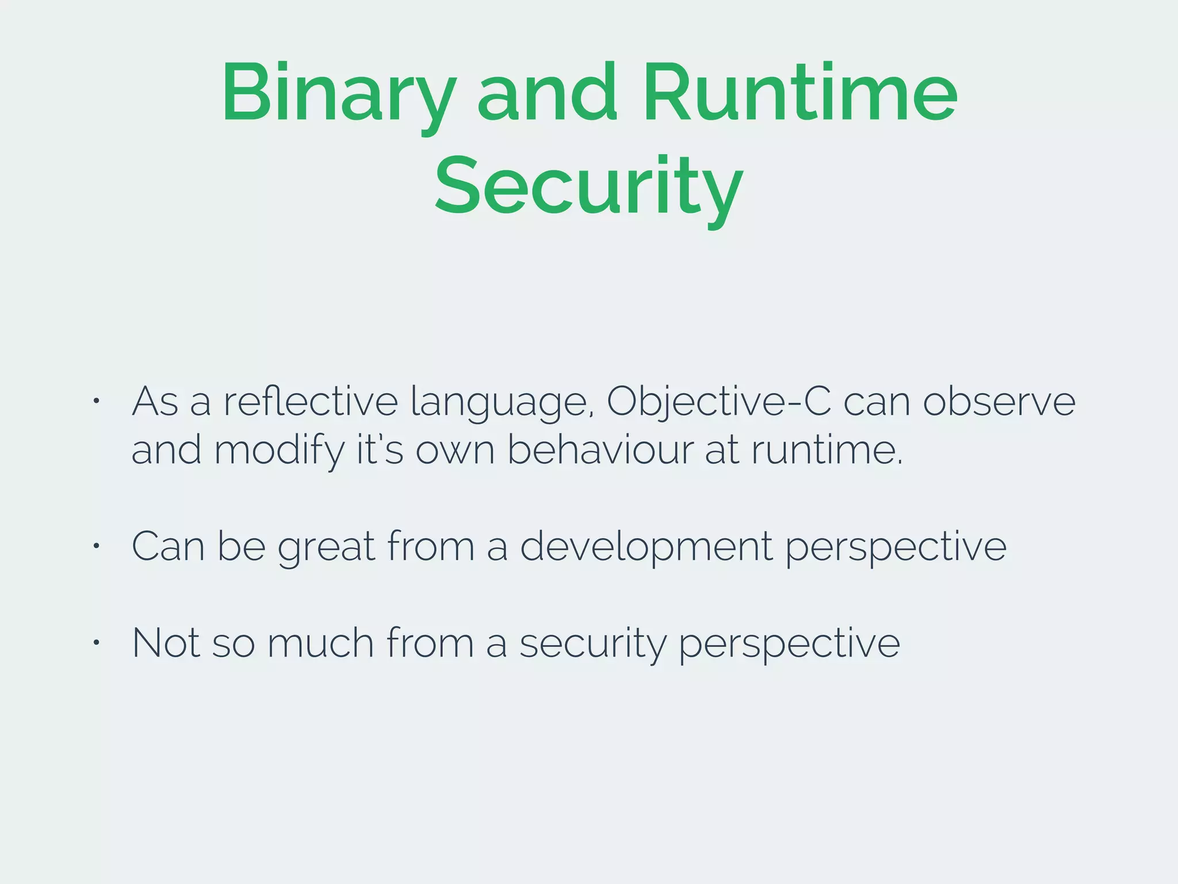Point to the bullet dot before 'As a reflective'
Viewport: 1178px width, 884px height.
[x=97, y=401]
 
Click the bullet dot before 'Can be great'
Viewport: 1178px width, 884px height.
[x=97, y=545]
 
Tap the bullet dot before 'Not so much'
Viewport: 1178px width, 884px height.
[x=97, y=642]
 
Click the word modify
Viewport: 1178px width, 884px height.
[x=278, y=450]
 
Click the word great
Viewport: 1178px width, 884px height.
[x=326, y=547]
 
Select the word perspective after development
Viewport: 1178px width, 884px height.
[x=896, y=547]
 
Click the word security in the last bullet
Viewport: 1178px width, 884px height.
[x=592, y=643]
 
